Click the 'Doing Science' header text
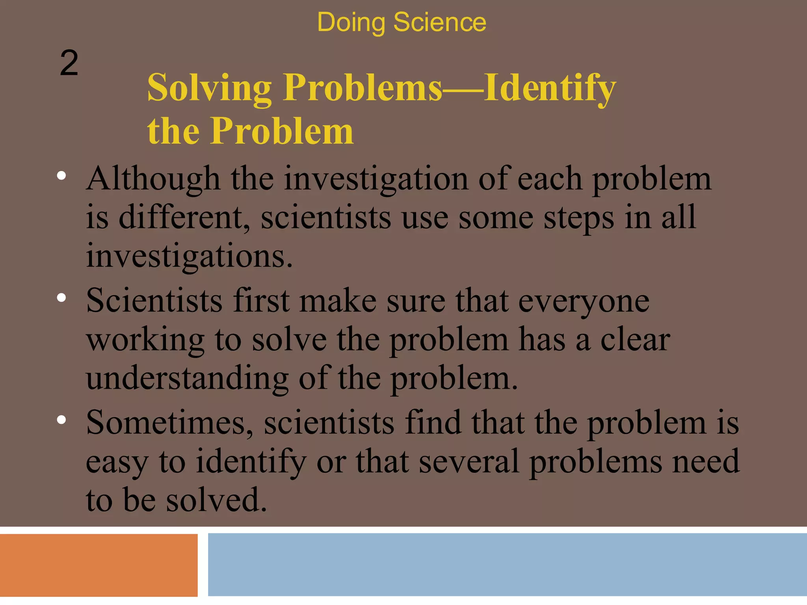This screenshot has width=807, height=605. tap(402, 22)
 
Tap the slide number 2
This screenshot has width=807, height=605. tap(69, 63)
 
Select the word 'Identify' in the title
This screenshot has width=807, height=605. tap(550, 88)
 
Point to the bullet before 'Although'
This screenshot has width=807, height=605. tap(61, 176)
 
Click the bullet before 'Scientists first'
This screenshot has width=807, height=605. tap(61, 298)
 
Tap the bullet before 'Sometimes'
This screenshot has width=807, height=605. tap(61, 420)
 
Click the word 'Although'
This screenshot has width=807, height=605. tap(153, 179)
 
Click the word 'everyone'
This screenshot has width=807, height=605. tap(584, 301)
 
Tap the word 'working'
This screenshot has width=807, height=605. tap(145, 340)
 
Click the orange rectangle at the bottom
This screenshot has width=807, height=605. tap(99, 565)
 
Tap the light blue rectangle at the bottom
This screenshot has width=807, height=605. tap(507, 564)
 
